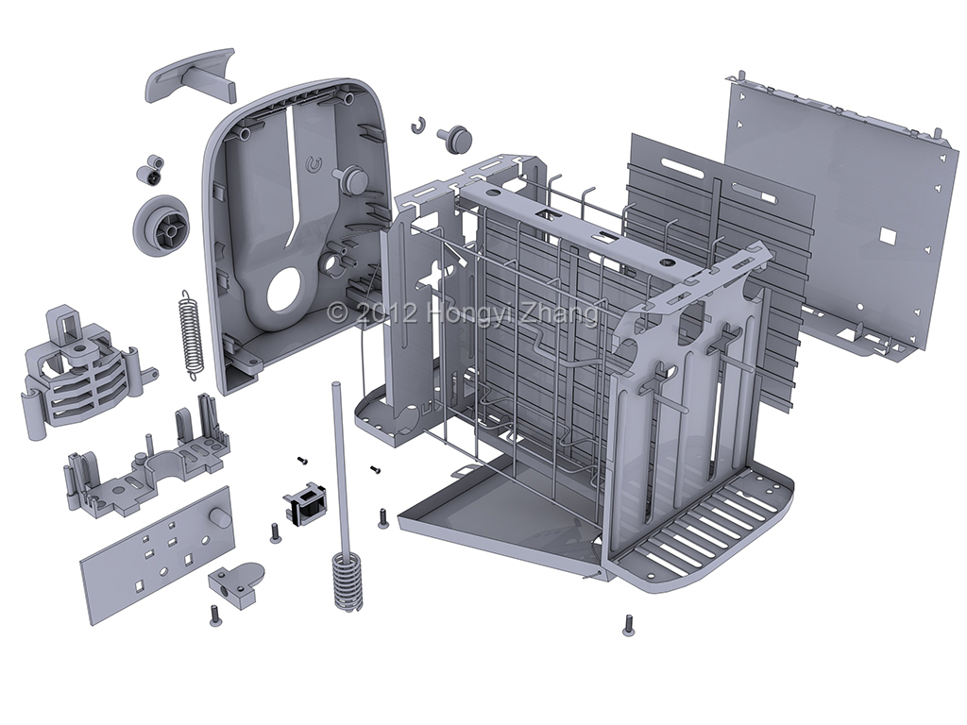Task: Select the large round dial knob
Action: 164,226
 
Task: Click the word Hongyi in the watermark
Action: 464,313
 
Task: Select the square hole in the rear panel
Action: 888,233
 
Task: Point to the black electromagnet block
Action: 305,503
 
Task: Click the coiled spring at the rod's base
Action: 348,581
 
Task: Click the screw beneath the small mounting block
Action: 214,616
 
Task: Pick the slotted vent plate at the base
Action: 704,533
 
